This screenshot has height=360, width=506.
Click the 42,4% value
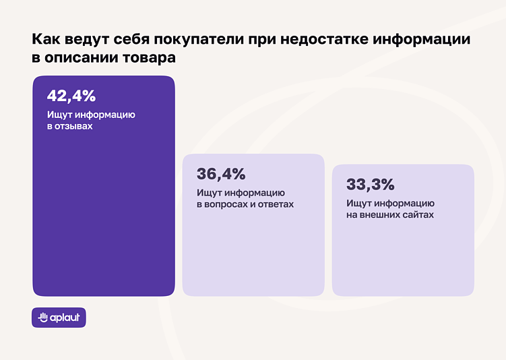(71, 96)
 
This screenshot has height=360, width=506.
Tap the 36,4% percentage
(221, 174)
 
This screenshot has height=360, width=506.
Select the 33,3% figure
(371, 185)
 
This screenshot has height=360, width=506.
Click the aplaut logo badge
(59, 318)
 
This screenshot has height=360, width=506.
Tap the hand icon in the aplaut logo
(43, 318)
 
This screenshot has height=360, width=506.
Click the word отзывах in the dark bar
(74, 126)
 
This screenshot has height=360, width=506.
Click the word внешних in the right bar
(382, 215)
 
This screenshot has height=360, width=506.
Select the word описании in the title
(78, 58)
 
